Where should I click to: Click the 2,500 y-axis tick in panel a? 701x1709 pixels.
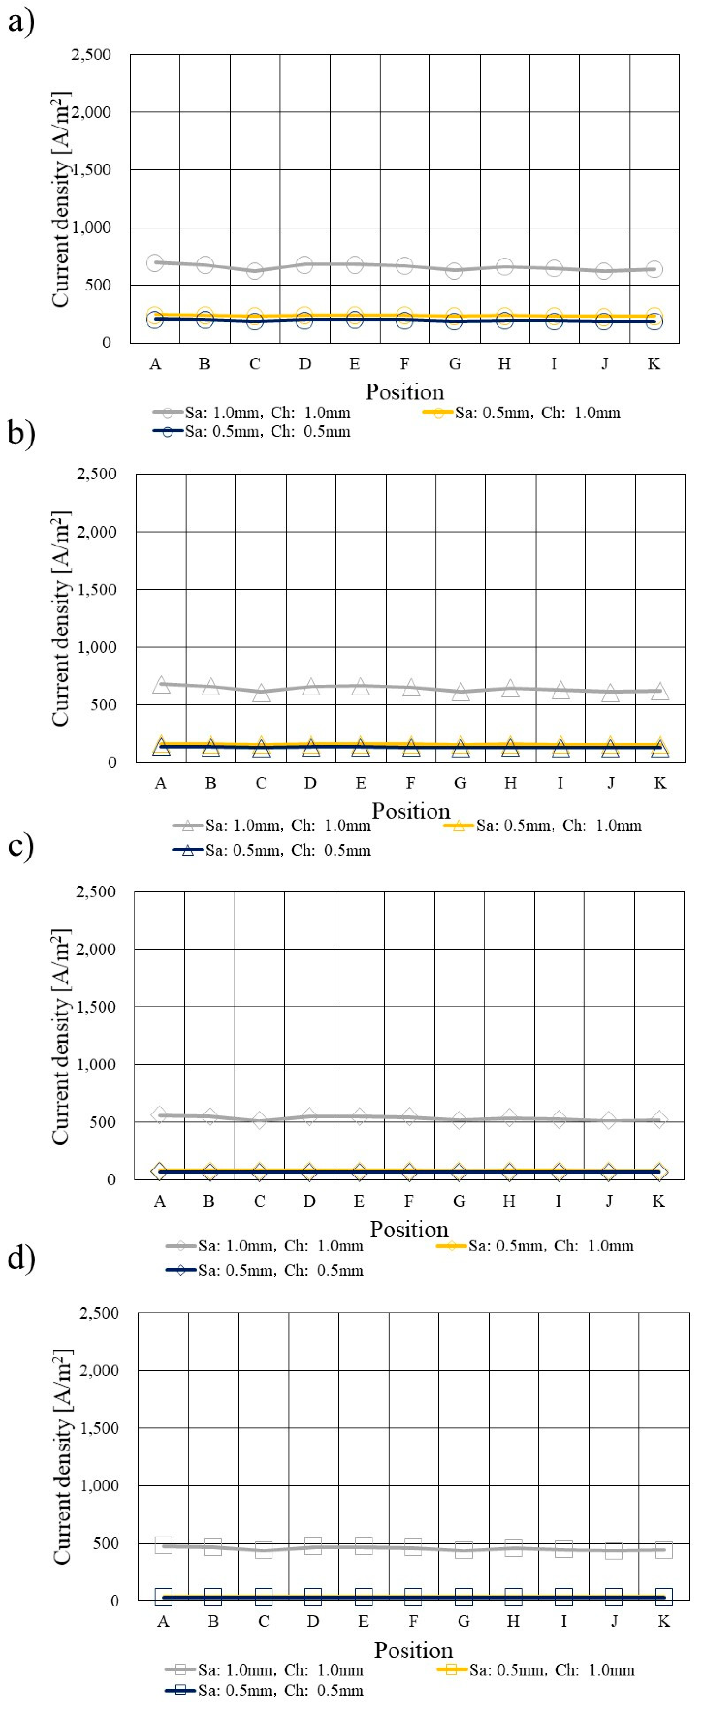[91, 54]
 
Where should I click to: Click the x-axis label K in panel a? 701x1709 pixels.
[654, 364]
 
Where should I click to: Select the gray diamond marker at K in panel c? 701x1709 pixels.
[659, 1120]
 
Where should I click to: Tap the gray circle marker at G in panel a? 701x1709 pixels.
[454, 271]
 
